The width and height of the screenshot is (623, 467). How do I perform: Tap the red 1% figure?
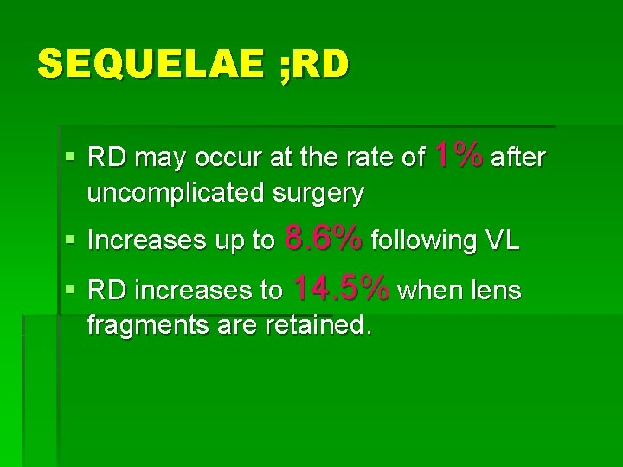click(x=458, y=156)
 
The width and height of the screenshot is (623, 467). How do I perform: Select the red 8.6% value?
click(x=324, y=239)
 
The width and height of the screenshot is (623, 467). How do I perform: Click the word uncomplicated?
click(x=177, y=193)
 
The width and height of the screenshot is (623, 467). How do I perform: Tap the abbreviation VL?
click(x=502, y=240)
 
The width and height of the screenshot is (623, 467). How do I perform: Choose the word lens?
click(x=497, y=291)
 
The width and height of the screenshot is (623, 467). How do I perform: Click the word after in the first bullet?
click(x=517, y=157)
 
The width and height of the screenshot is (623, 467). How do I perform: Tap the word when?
click(x=428, y=291)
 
